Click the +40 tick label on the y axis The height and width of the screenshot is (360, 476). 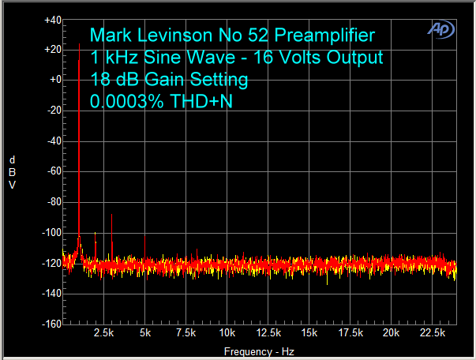pyautogui.click(x=53, y=19)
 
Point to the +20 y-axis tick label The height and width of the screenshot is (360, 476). pyautogui.click(x=53, y=50)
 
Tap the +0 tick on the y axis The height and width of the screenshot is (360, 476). pyautogui.click(x=55, y=80)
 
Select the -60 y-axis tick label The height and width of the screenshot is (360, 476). pyautogui.click(x=54, y=171)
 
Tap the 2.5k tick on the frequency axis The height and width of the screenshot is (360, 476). pyautogui.click(x=103, y=334)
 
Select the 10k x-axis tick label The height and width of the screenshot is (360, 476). pyautogui.click(x=227, y=334)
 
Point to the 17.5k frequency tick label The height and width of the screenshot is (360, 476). pyautogui.click(x=350, y=334)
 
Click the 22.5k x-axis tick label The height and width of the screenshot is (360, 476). pyautogui.click(x=432, y=334)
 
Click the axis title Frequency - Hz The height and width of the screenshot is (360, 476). pyautogui.click(x=258, y=351)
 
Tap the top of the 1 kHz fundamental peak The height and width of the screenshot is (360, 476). pyautogui.click(x=80, y=44)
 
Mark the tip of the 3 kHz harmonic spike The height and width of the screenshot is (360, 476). pyautogui.click(x=112, y=215)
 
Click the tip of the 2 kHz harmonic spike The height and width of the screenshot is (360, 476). pyautogui.click(x=96, y=233)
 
